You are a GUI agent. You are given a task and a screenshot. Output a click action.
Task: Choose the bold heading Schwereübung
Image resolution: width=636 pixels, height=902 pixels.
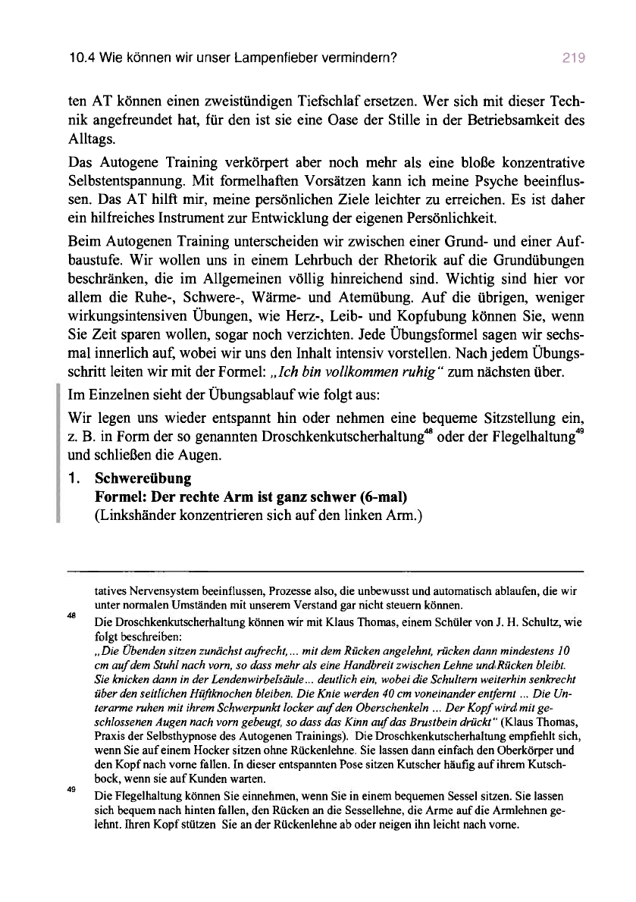pyautogui.click(x=143, y=479)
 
